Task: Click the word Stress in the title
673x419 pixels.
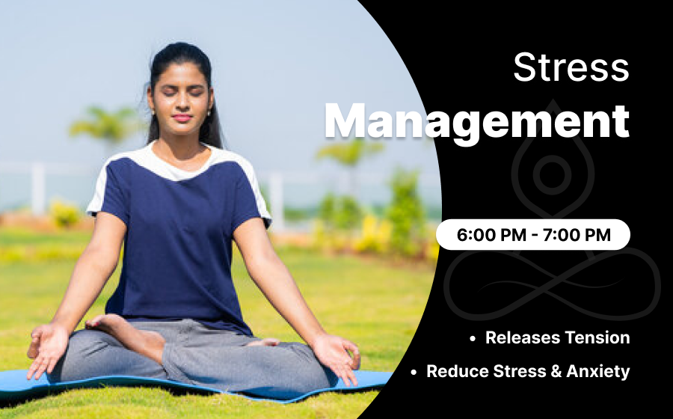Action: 571,67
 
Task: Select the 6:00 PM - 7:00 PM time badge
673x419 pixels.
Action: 533,234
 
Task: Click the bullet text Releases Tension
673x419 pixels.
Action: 558,337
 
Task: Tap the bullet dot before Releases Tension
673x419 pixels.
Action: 473,339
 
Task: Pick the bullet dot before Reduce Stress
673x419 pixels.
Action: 414,373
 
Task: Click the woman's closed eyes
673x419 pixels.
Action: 181,92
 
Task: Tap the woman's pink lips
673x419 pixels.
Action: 182,117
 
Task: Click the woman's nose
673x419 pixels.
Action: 182,103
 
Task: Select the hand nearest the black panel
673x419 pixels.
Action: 338,356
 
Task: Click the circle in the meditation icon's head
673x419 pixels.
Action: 552,174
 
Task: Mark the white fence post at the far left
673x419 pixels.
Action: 38,189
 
